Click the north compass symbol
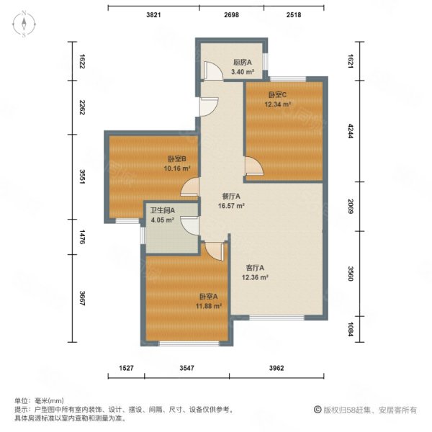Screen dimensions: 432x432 click(x=24, y=24)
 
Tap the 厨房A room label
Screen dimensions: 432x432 click(x=241, y=63)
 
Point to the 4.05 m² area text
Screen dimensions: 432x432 click(x=162, y=220)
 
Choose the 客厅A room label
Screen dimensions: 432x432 click(x=253, y=267)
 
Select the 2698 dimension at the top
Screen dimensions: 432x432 click(x=232, y=14)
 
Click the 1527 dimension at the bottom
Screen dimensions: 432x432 click(x=126, y=368)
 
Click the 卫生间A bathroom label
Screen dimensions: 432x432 click(x=162, y=211)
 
